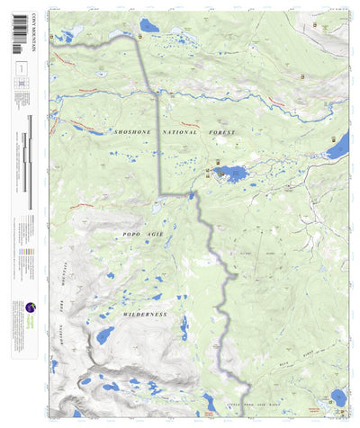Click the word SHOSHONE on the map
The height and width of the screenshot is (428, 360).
(x=133, y=132)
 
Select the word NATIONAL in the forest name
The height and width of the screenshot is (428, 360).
(x=180, y=132)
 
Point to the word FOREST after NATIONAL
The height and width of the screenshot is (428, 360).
(x=220, y=132)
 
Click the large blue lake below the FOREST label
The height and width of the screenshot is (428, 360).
(x=232, y=174)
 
